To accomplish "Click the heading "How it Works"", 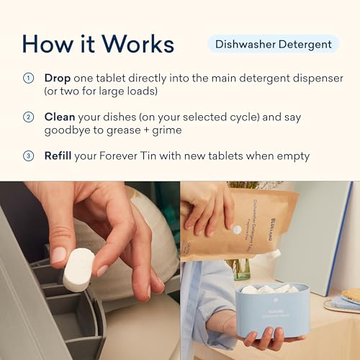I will pos(98,44).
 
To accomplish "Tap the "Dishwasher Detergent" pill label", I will pos(274,45).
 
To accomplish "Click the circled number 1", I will pos(29,78).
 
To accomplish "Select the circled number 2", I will pos(29,117).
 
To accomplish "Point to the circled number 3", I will pos(29,156).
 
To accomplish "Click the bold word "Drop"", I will pos(58,78).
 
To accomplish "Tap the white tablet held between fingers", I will pos(78,269).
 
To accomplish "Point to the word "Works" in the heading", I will pos(140,44).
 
